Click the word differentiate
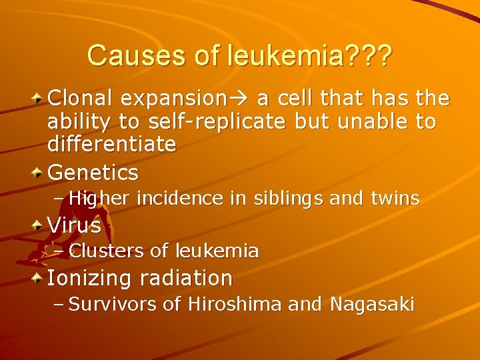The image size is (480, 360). pos(111,144)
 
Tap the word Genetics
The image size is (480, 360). pos(93,173)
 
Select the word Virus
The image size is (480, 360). pos(74,225)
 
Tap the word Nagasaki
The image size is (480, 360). pos(371,305)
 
